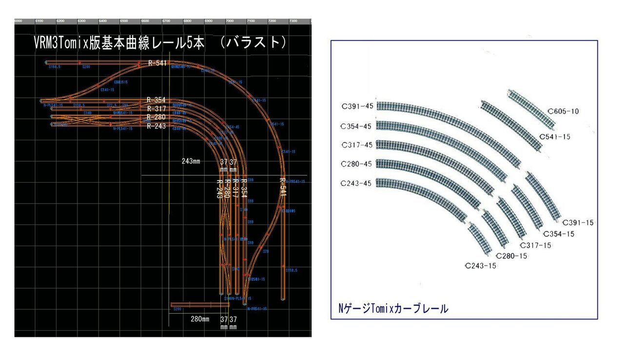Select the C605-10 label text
coord(564,112)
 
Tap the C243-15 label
coord(481,266)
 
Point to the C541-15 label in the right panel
coord(555,137)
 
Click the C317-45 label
coord(358,145)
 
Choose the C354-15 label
coord(559,234)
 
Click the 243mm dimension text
coord(191,161)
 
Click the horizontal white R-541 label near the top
coord(157,63)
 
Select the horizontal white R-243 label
coord(156,126)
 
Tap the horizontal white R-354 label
coord(156,100)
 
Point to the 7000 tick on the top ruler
coord(229,21)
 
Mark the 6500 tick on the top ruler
coord(124,21)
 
